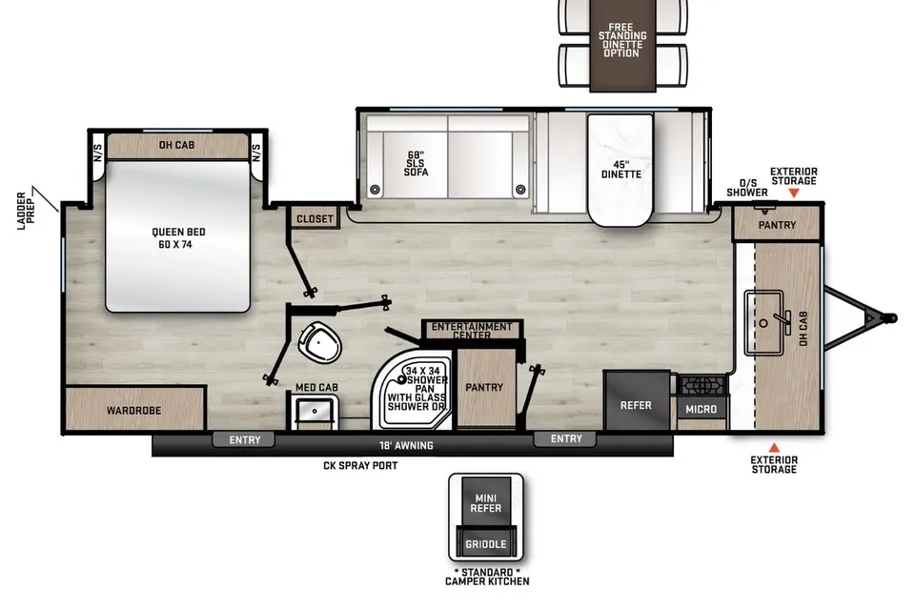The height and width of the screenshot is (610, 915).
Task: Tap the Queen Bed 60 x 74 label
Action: (178, 238)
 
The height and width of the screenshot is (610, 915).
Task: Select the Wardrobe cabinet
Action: (135, 409)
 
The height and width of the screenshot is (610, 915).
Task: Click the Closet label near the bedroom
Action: (315, 219)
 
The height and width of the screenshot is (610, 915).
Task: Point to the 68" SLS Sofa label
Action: (416, 164)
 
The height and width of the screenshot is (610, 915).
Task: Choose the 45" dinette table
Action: (620, 170)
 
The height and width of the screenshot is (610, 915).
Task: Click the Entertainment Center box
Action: (472, 330)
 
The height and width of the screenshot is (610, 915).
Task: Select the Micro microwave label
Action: (701, 409)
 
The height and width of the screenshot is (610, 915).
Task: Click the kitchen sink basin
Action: (763, 323)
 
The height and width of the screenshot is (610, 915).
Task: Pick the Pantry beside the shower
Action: (484, 386)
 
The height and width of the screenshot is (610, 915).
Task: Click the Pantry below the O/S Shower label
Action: (777, 224)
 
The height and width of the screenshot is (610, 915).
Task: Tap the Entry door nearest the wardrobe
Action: (245, 439)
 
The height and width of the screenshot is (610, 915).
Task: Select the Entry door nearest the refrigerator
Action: (565, 438)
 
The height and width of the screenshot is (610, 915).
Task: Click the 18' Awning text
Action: (406, 445)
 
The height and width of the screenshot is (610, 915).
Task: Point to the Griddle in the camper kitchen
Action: (485, 543)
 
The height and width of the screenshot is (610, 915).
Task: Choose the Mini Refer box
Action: (485, 502)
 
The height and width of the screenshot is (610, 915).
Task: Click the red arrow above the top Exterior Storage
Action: (793, 193)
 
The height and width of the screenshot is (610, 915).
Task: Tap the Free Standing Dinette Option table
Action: (622, 45)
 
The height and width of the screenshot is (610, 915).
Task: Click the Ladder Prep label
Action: (26, 211)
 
